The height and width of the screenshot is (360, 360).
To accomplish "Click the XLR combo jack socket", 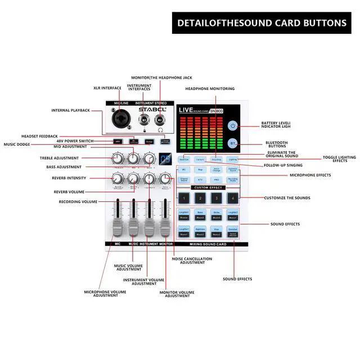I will [x=120, y=120].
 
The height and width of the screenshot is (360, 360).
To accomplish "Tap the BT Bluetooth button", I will [x=233, y=145].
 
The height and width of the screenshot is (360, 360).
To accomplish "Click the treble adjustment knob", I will [x=119, y=159].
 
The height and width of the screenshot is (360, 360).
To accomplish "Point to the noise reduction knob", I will [x=165, y=179].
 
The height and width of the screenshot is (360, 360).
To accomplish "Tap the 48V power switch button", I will [x=117, y=141].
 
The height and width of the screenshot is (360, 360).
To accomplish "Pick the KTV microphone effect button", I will [x=200, y=179].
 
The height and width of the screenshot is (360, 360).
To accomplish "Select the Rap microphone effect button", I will [x=200, y=169].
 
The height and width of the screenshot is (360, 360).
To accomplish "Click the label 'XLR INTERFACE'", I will [x=107, y=88].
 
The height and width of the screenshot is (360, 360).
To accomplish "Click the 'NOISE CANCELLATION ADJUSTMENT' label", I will [x=192, y=261].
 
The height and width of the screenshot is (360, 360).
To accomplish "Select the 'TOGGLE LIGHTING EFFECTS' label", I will [x=339, y=159].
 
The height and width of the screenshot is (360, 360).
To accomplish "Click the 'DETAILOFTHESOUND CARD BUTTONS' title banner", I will [x=262, y=23].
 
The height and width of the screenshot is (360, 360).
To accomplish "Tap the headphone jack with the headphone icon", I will [x=160, y=120].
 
